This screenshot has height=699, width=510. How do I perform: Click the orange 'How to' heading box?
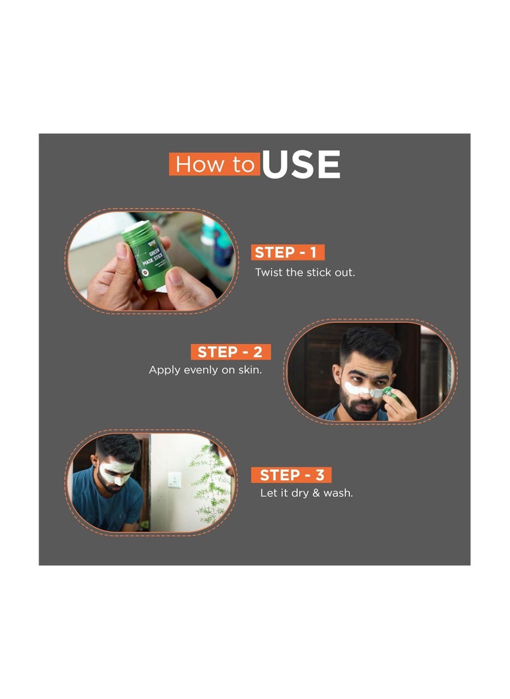214,165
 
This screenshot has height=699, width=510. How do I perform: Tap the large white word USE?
301,165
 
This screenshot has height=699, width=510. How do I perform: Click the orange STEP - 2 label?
230,352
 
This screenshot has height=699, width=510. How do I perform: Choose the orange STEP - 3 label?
291,475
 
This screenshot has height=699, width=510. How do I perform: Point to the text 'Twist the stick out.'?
305,272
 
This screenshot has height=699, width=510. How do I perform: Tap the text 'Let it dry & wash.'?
306,494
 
